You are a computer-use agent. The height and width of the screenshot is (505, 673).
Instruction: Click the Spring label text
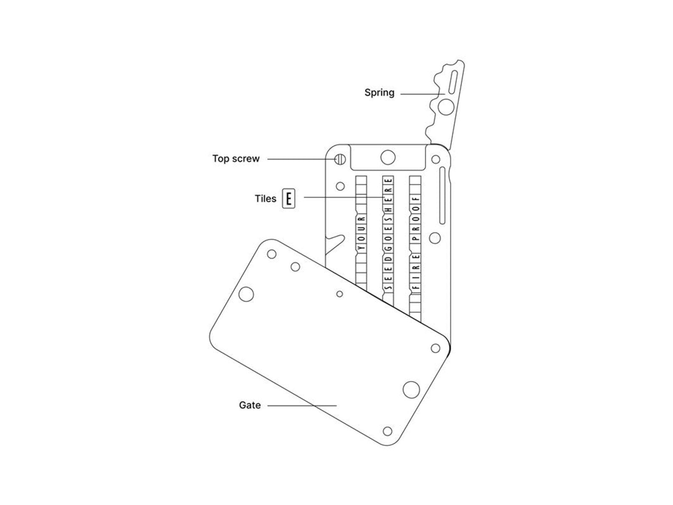pyautogui.click(x=379, y=93)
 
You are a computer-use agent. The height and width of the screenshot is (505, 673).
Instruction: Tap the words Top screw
pyautogui.click(x=236, y=159)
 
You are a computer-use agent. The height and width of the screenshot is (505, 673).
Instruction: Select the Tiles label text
pyautogui.click(x=265, y=199)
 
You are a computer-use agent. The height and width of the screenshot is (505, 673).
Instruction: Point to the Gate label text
pyautogui.click(x=249, y=405)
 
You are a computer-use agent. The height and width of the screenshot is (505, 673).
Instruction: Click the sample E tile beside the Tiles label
pyautogui.click(x=288, y=199)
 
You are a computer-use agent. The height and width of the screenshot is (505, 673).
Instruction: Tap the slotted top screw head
pyautogui.click(x=340, y=159)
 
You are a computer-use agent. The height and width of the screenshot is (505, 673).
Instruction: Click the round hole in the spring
pyautogui.click(x=446, y=107)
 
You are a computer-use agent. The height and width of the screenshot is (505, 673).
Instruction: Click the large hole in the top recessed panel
pyautogui.click(x=387, y=157)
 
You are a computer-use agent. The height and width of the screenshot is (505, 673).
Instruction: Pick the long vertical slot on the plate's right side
pyautogui.click(x=442, y=195)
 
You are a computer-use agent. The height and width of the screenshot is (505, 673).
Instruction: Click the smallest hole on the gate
pyautogui.click(x=339, y=294)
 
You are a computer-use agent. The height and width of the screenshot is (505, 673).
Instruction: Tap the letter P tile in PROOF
pyautogui.click(x=415, y=238)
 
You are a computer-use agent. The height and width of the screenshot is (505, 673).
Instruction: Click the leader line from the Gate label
pyautogui.click(x=302, y=405)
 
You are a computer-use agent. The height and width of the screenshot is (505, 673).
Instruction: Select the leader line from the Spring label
pyautogui.click(x=422, y=94)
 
